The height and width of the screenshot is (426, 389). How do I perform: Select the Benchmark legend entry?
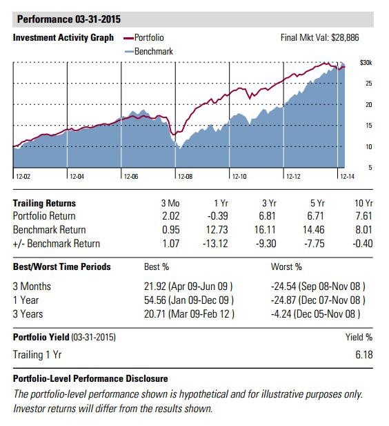[x=151, y=50]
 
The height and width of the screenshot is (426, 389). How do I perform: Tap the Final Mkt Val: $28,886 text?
[x=320, y=38]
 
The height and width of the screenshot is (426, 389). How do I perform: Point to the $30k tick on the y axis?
[x=366, y=63]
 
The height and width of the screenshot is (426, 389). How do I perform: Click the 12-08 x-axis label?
[x=184, y=177]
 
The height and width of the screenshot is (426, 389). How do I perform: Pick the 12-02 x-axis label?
[x=23, y=177]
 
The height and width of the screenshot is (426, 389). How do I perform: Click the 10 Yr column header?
[x=363, y=203]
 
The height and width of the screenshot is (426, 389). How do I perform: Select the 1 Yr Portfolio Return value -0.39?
[x=222, y=216]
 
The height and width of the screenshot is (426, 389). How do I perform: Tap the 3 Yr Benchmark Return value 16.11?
[x=275, y=230]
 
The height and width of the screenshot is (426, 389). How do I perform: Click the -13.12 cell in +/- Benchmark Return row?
[x=219, y=243]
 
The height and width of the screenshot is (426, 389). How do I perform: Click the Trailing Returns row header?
[x=45, y=203]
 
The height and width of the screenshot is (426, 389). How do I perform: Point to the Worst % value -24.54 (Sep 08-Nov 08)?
[x=318, y=286]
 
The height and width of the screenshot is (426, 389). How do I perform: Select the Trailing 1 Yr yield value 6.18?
[x=363, y=354]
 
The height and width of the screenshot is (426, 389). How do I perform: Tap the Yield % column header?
[x=359, y=338]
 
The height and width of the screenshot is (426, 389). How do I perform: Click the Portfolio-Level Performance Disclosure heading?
[x=90, y=379]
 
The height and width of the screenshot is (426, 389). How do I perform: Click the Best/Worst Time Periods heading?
[x=61, y=267]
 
